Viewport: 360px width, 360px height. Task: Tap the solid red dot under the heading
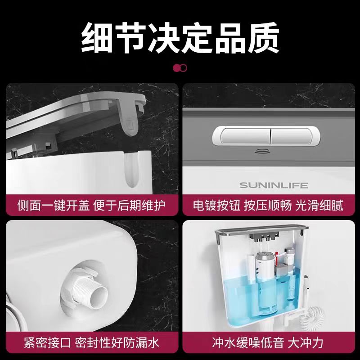point(177,68)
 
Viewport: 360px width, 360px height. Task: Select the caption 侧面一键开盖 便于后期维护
point(91,206)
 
